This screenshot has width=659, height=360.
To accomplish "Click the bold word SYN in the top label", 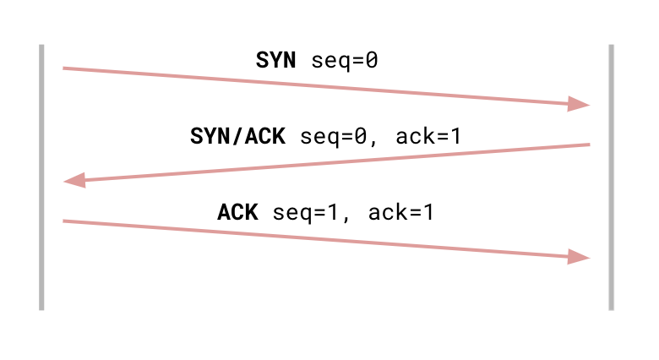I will pos(276,60).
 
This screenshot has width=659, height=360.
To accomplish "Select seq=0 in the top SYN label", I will pos(345,60).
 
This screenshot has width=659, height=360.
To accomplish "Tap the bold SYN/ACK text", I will pos(238,135).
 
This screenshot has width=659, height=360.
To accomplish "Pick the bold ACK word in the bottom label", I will pos(237,211).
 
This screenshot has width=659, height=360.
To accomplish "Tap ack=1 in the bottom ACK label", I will pos(401,211).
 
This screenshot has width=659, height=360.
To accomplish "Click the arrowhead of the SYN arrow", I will pos(579,105).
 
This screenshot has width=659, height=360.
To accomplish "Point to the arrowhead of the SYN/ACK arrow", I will pos(74,181).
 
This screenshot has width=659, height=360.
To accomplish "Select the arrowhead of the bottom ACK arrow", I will pos(579,257).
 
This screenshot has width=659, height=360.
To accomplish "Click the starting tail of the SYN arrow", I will pos(65,68).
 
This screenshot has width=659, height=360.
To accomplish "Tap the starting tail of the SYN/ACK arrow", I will pos(587,145).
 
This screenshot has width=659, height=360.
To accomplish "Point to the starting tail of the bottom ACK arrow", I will pos(65,221).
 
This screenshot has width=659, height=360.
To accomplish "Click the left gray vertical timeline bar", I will pos(41,177).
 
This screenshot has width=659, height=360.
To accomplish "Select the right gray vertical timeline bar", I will pos(611,177).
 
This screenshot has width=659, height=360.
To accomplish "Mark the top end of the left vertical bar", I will pos(41,47).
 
